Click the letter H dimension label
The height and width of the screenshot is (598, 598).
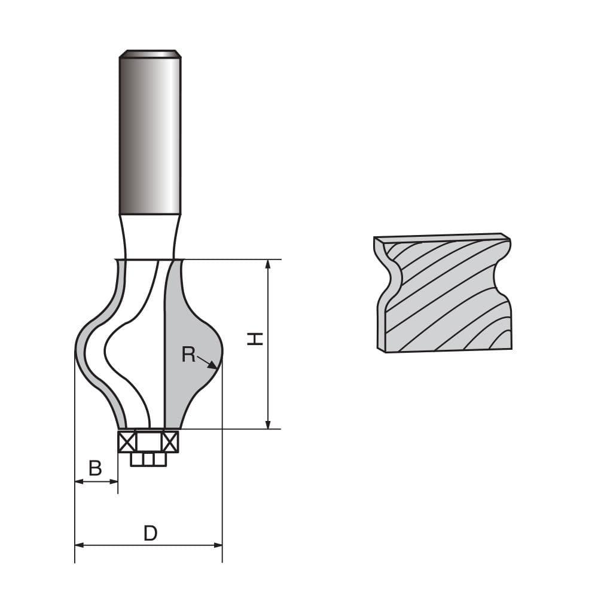[255, 339]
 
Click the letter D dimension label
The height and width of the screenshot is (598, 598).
[150, 533]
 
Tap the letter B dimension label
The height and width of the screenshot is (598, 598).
[95, 468]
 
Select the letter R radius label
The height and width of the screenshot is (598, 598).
[188, 355]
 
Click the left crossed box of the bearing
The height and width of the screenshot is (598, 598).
[127, 442]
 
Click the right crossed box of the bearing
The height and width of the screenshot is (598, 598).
[170, 442]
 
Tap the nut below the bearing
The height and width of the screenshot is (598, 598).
[148, 459]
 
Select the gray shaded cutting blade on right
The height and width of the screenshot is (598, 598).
[190, 335]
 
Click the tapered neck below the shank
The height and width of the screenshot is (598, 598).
[149, 236]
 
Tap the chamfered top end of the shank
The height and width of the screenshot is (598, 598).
[150, 54]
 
